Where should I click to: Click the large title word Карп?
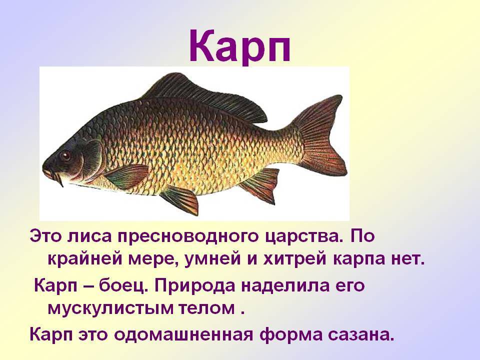coord(239,46)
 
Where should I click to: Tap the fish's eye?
coord(65,155)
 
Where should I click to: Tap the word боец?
coord(123,285)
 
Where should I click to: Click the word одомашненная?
coord(183,335)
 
